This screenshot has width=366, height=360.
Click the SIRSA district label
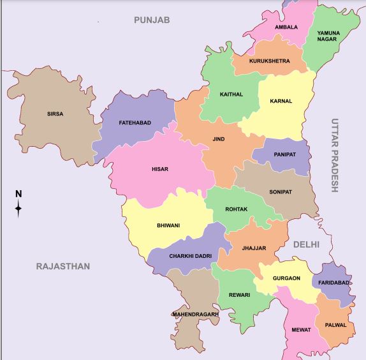tap(55, 114)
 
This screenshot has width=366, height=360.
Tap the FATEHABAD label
tap(135, 123)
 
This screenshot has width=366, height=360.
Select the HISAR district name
tap(159, 169)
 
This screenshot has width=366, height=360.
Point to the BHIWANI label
tap(168, 225)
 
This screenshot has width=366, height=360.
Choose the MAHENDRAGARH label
tap(195, 314)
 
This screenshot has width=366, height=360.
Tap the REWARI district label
tap(239, 295)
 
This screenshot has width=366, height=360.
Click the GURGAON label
tap(286, 279)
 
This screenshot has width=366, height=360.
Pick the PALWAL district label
tap(335, 325)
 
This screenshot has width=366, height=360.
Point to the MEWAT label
tap(302, 330)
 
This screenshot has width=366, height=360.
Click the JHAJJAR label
tap(254, 248)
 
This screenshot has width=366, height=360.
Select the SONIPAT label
tap(281, 191)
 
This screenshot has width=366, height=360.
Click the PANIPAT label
tap(284, 154)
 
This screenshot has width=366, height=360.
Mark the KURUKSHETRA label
tap(270, 61)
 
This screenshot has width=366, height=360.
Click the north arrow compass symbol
tap(18, 204)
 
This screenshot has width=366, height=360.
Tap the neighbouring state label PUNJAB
tap(152, 20)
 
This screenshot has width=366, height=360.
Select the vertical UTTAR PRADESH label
tap(335, 155)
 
